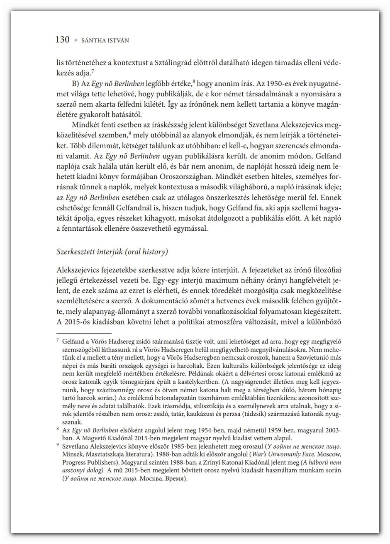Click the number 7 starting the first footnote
coord(58,341)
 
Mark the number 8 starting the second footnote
coord(58,430)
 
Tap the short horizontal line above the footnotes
coord(83,333)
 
